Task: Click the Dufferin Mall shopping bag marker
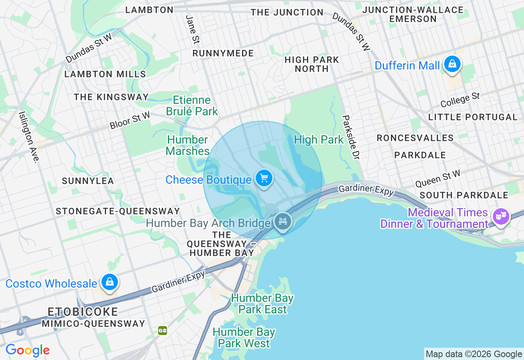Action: tap(452, 64)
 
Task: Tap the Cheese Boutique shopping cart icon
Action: tap(264, 178)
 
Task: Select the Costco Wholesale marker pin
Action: tap(109, 282)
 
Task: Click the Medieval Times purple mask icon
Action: tap(501, 216)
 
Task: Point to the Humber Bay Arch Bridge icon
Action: tap(283, 221)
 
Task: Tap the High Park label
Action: tap(319, 140)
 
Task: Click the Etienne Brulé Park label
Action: tap(192, 106)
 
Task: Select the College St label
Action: tap(460, 100)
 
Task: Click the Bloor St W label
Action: tap(130, 121)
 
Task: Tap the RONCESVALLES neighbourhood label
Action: tap(415, 138)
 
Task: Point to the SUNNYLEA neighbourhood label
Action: tap(88, 181)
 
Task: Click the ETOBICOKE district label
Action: tap(83, 312)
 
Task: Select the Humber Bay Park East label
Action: tap(262, 304)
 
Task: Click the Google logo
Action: tap(27, 350)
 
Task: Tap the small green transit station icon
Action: tap(163, 330)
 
